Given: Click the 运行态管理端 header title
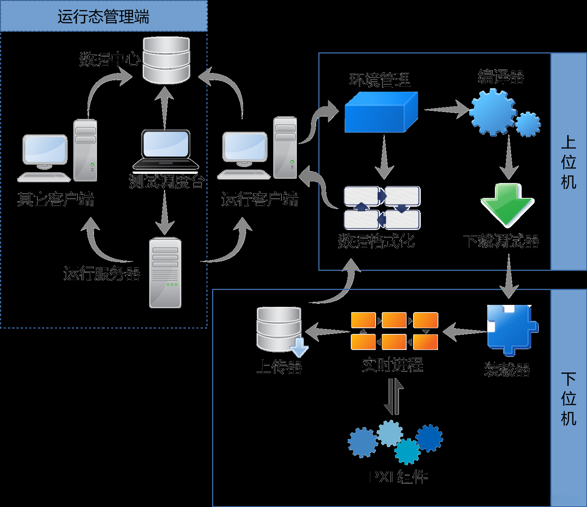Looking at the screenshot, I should pos(103,17).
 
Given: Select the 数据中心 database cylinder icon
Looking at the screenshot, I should pos(166,60).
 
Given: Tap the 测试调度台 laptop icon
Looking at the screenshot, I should pos(166,150).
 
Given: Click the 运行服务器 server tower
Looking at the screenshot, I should pos(165,272).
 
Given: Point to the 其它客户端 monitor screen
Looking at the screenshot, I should pos(45,149).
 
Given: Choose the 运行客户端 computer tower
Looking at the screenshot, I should pos(285,147).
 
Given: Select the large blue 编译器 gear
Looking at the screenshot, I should pos(493,112).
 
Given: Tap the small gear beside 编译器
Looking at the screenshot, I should pos(528,124).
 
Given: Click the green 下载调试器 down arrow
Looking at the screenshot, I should pos(508,204).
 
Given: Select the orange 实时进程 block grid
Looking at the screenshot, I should pos(394,331).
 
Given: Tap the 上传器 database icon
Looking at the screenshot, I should pos(280,329).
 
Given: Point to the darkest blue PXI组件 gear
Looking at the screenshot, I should pos(430,438).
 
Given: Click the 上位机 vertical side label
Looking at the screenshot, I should pos(568,162).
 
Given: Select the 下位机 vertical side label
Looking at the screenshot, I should pos(568,398).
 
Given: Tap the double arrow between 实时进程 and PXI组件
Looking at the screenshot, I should pos(394,397).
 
